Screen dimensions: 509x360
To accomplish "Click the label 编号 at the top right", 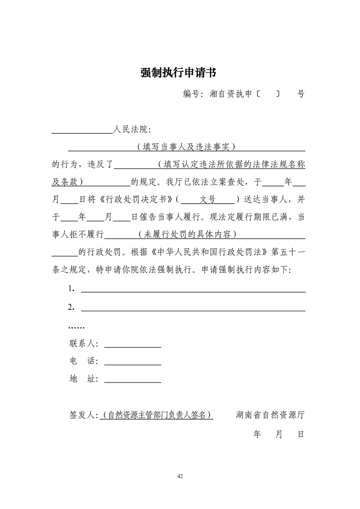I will point(192,94).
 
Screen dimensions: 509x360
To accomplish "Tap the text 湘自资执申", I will point(231,94).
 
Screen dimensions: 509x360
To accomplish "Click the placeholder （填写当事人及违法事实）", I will point(186,147).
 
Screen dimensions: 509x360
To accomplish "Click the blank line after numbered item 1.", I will point(193,291).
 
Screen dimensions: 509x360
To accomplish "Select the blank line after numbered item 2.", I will point(193,310).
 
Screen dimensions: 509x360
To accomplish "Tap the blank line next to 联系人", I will point(133,346).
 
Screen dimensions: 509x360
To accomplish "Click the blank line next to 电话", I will point(133,364).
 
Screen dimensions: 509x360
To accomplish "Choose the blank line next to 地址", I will point(133,382).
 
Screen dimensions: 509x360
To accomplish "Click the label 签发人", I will point(82,415).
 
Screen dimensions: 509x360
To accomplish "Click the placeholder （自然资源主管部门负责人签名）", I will point(157,415).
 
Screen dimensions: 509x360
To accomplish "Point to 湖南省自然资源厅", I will point(270,415).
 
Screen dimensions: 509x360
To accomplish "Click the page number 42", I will point(180,476).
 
